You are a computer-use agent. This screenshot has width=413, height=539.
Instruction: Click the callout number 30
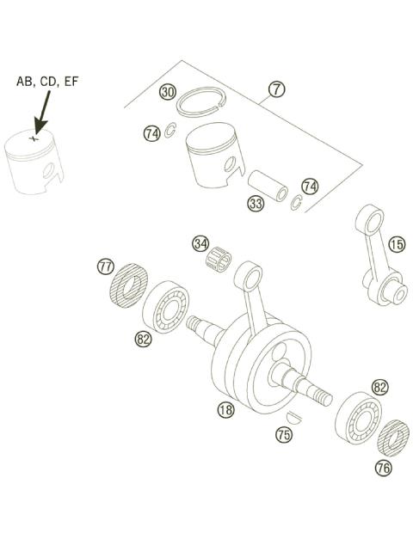(169, 92)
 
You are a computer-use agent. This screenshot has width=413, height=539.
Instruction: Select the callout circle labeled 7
(276, 89)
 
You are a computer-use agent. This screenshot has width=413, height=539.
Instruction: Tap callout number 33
(255, 204)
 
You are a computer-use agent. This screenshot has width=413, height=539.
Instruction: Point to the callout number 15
(396, 245)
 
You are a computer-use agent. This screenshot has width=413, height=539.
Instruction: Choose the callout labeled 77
(105, 267)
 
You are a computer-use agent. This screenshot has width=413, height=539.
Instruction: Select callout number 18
(225, 410)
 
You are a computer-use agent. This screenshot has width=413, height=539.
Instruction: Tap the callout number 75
(283, 435)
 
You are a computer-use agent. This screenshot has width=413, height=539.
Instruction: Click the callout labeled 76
(384, 468)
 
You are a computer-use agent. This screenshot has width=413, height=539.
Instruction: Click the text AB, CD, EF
(48, 83)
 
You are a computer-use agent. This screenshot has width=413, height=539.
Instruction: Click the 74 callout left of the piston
(151, 133)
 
